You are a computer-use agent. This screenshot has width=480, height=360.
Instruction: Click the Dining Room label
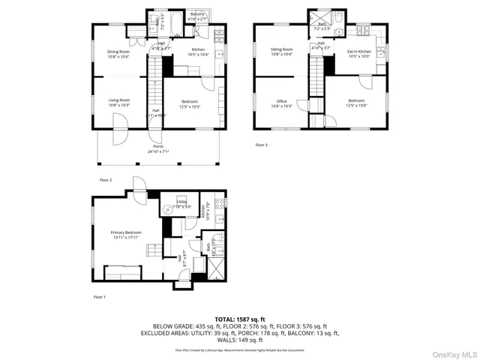(x=118, y=53)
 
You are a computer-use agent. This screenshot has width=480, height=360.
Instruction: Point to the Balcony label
(x=197, y=16)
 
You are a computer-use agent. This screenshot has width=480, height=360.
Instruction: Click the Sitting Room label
(x=281, y=51)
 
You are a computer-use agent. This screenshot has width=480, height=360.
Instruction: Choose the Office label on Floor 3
(x=281, y=103)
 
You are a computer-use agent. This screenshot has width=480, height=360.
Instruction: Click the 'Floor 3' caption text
(x=261, y=145)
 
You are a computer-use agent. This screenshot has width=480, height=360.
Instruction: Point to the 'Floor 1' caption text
(x=100, y=297)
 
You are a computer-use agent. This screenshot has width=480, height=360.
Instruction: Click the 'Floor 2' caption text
(x=106, y=180)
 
